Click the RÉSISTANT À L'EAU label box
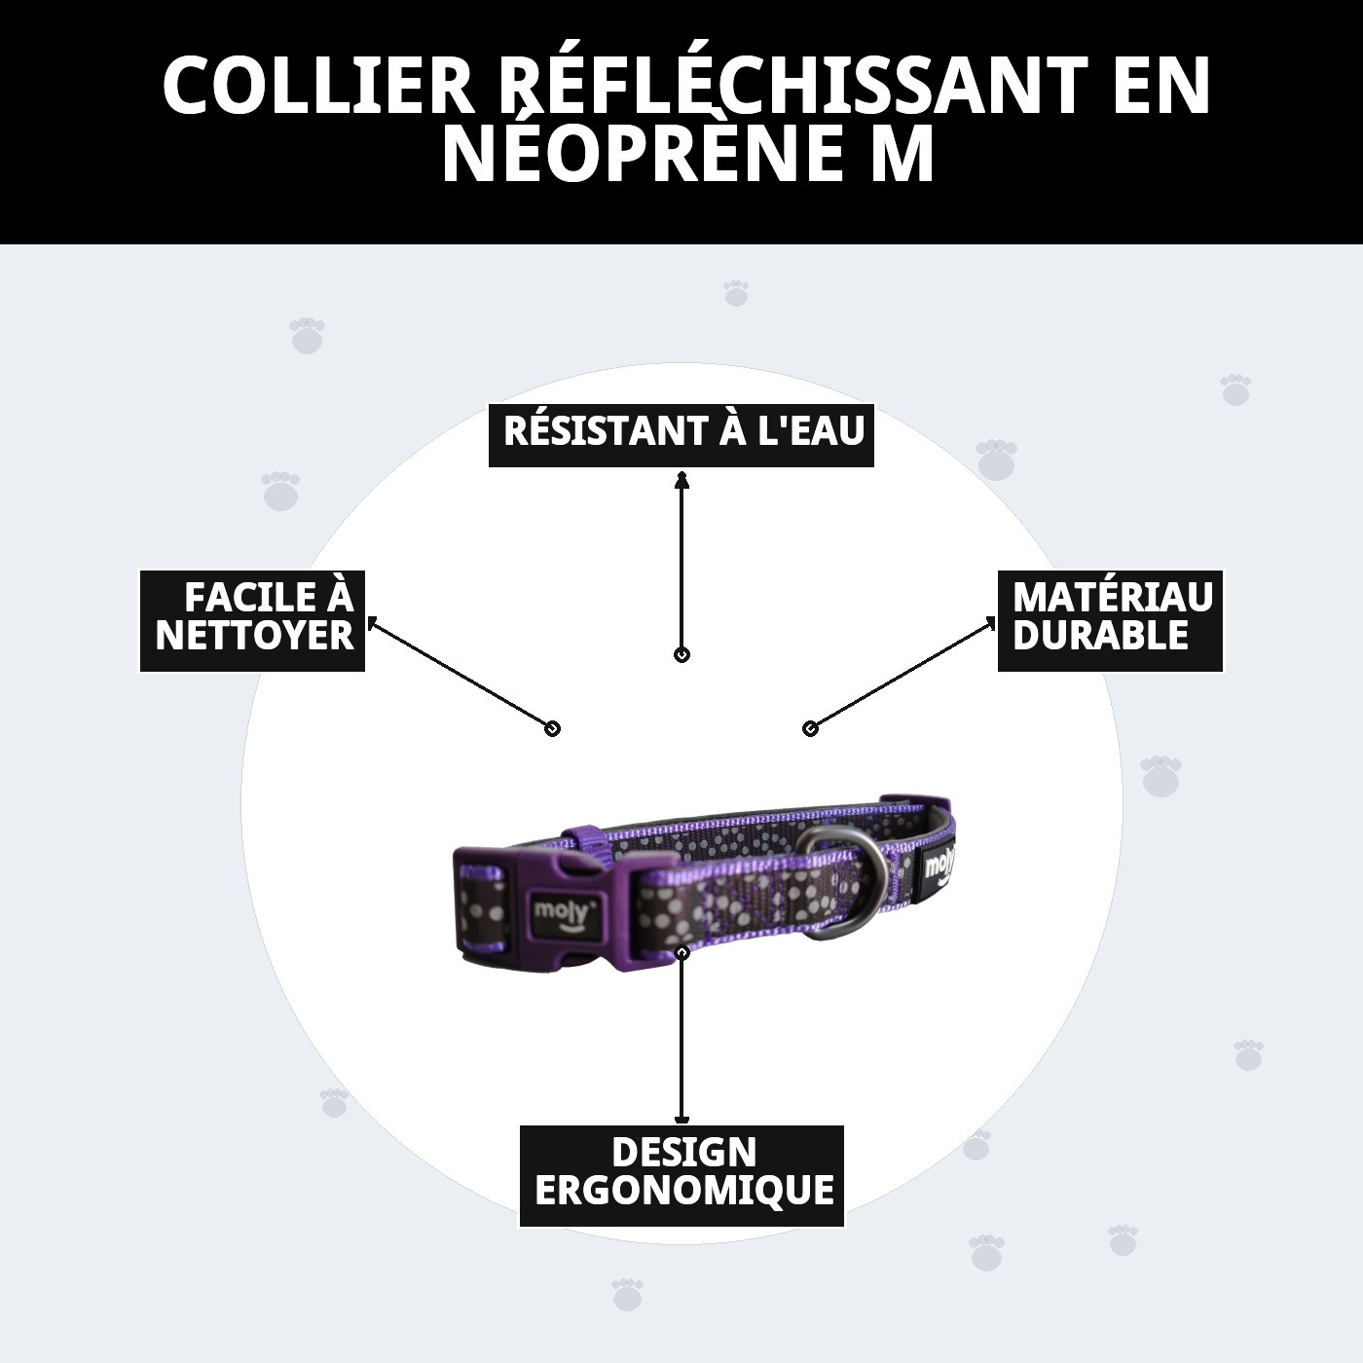[681, 433]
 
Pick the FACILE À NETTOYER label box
[252, 620]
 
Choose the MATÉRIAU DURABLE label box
[1109, 620]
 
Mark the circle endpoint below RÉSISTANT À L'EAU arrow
[681, 655]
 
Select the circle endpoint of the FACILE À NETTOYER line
[552, 728]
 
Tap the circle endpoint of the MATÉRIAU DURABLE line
[810, 728]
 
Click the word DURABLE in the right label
[1100, 637]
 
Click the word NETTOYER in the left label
[254, 637]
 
